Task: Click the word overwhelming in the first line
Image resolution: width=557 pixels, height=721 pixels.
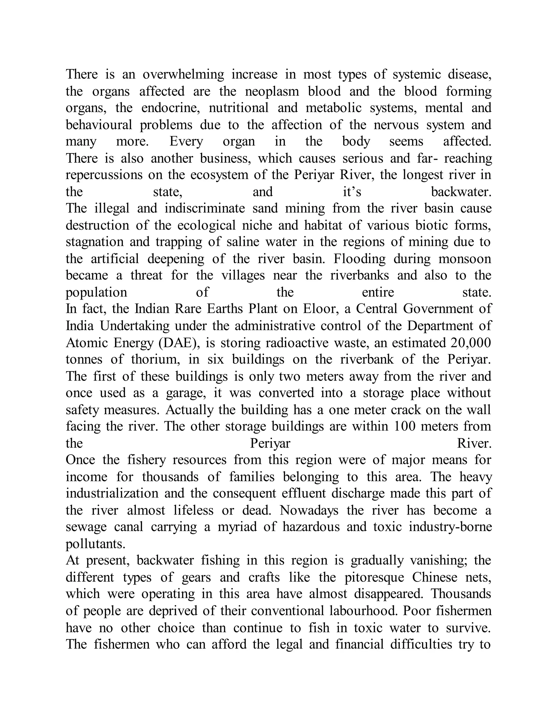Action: click(183, 74)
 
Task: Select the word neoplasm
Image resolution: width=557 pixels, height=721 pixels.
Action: click(272, 91)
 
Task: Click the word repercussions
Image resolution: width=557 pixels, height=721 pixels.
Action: click(104, 175)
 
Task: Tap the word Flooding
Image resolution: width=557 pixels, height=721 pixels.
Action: click(359, 259)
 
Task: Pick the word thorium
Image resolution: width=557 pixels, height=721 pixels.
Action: click(155, 359)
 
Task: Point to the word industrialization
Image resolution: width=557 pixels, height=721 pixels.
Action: click(112, 494)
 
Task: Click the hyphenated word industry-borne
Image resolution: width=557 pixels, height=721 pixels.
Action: click(450, 527)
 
